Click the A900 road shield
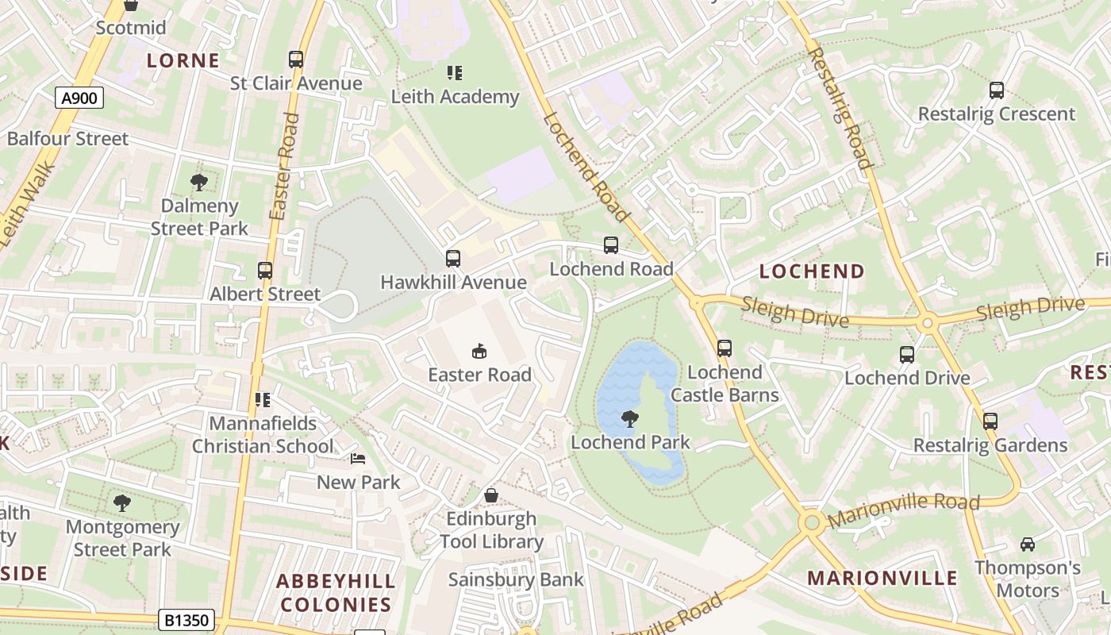click(x=79, y=98)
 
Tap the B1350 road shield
click(x=186, y=620)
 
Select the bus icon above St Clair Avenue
click(x=296, y=60)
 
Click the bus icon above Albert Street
click(x=265, y=271)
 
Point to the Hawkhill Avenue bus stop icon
click(x=453, y=259)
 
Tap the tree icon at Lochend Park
click(x=630, y=418)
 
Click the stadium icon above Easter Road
click(x=479, y=351)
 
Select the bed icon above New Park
click(x=359, y=459)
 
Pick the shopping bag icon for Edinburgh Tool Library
click(x=491, y=495)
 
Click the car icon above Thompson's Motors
click(x=1028, y=545)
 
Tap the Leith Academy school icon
click(x=455, y=73)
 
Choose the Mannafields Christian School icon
click(x=263, y=399)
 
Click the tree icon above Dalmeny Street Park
click(x=199, y=183)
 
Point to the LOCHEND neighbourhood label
click(x=812, y=271)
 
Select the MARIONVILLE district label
click(x=882, y=578)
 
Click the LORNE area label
click(x=183, y=60)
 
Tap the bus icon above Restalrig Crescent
click(x=997, y=90)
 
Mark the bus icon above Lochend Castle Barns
click(x=725, y=348)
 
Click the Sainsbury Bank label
click(x=516, y=580)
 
